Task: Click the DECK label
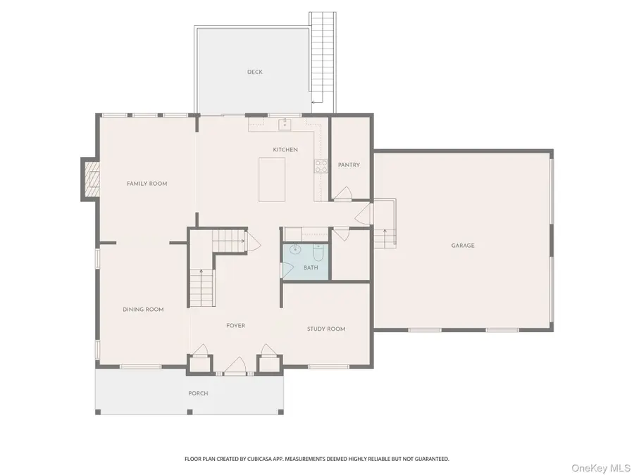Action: [255, 72]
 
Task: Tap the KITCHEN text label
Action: [285, 150]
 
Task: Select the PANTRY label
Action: [349, 165]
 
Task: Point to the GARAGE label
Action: [463, 246]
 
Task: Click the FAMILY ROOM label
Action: [147, 184]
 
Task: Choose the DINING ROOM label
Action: [143, 310]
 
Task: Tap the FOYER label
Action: [235, 326]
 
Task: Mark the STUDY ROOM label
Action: [326, 329]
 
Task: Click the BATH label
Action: [311, 268]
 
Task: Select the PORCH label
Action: [198, 393]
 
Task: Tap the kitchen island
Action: [273, 179]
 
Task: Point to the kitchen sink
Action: [285, 125]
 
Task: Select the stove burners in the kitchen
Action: [321, 167]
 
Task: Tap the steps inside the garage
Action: [385, 239]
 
